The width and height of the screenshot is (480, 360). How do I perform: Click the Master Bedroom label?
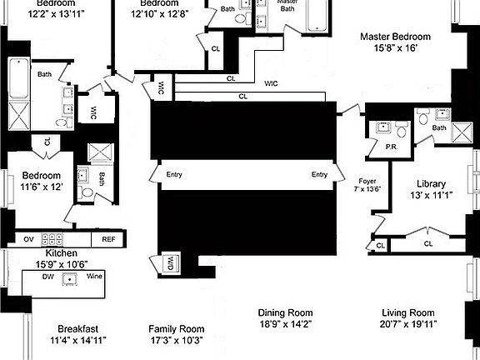pos(395,37)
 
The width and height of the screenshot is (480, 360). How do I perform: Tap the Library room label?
pos(431,183)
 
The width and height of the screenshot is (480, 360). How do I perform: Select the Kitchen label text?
pos(62,252)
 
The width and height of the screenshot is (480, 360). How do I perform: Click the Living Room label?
pos(408,312)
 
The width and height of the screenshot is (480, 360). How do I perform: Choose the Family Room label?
pos(176,328)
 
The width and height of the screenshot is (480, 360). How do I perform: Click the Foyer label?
pos(367,180)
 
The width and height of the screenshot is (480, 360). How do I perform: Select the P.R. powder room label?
pos(390,147)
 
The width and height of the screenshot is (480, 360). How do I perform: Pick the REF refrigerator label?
pos(108,238)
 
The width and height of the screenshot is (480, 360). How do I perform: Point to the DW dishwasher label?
pos(49,275)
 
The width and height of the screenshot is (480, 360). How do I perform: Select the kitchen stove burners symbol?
pos(59,238)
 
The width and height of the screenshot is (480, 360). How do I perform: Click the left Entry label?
pos(174,175)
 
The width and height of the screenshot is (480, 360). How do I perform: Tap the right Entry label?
pos(319,175)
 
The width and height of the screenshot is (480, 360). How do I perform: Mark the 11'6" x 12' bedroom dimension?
pos(41,187)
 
